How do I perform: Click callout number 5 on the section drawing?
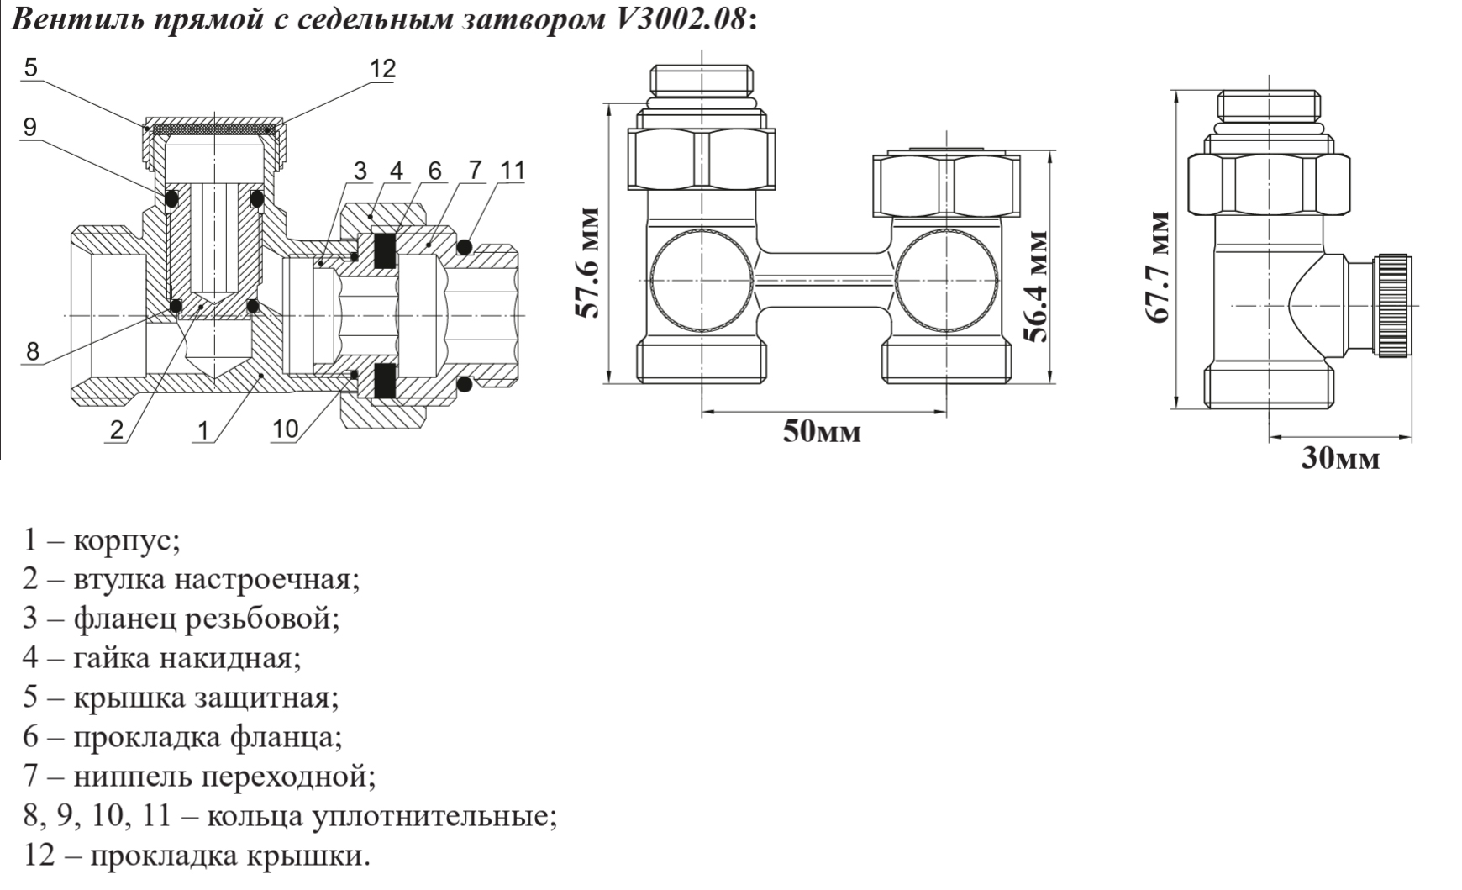coord(31,67)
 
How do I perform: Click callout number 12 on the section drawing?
coord(382,69)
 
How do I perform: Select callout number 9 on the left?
coord(31,128)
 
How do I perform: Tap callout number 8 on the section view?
coord(32,350)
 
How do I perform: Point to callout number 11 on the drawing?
coord(512,171)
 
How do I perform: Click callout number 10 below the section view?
coord(285,429)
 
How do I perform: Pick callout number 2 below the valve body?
coord(116,430)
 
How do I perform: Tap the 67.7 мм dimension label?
coord(1159,267)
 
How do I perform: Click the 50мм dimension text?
coord(822,432)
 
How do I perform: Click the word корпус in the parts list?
coord(126,540)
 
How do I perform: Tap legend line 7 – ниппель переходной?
coord(198,776)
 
